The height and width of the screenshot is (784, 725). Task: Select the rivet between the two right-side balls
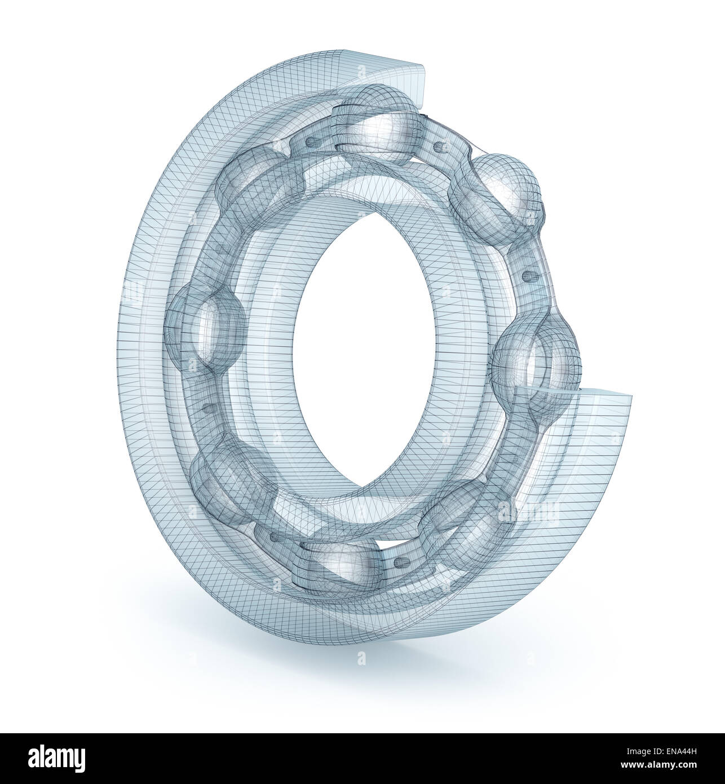pos(529,276)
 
